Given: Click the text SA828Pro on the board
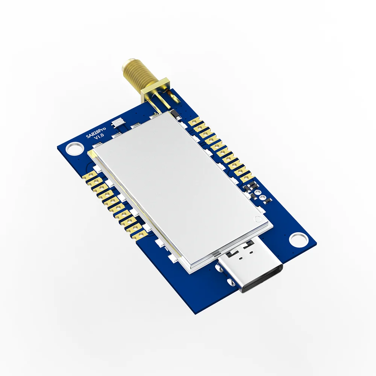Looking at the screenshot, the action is pos(96,133).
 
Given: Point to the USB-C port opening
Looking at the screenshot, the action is pos(262,278).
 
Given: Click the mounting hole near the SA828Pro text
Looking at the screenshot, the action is pos(74,148).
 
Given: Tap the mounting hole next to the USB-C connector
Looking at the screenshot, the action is pos(298,239).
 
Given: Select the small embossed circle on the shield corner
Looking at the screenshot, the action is pos(258,219).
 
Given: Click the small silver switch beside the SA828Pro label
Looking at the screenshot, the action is pos(118,123).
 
